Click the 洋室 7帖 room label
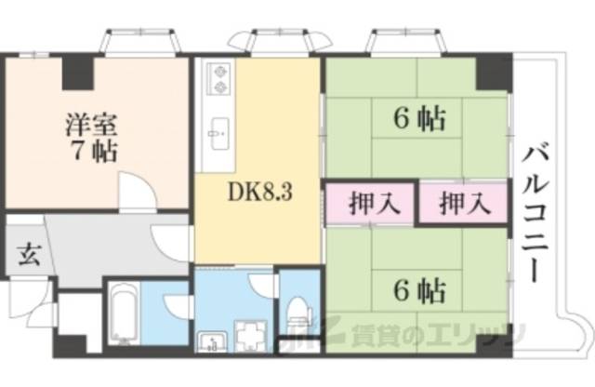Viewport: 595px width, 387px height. [x=91, y=137]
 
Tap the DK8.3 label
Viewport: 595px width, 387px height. [x=261, y=194]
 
